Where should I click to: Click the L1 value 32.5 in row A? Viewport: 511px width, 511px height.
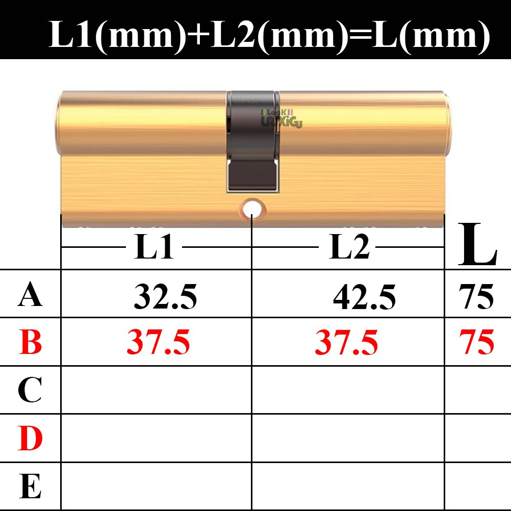tap(165, 297)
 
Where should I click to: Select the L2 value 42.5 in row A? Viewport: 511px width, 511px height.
tap(364, 297)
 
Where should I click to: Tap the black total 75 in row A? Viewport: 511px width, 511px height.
tap(476, 297)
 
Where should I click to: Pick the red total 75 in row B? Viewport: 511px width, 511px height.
tap(476, 342)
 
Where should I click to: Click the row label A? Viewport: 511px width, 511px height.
tap(30, 296)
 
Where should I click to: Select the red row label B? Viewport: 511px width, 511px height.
tap(30, 342)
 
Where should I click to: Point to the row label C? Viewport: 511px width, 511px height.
tap(30, 390)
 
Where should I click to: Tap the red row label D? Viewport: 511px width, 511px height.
tap(30, 439)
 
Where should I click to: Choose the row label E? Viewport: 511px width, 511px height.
tap(30, 486)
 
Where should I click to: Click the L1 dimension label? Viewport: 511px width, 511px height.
tap(154, 247)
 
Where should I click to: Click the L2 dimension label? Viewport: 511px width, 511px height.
tap(349, 247)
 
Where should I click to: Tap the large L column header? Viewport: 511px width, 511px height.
tap(477, 245)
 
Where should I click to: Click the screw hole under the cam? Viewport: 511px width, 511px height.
tap(252, 209)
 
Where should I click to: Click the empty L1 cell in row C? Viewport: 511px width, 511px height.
tap(156, 390)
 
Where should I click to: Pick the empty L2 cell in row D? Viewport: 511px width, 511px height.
tap(348, 439)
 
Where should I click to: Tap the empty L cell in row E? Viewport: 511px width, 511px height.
tap(477, 486)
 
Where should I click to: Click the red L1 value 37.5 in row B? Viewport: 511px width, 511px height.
tap(158, 342)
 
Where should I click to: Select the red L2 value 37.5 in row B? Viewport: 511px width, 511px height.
tap(347, 342)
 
